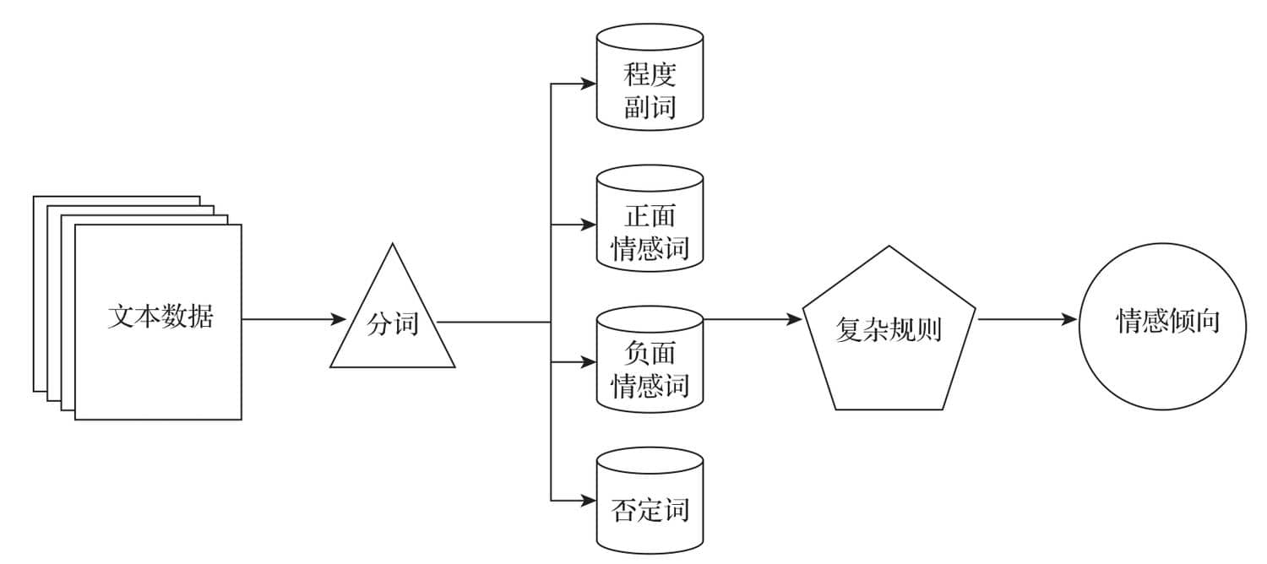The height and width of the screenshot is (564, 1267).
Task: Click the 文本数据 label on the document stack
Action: point(160,318)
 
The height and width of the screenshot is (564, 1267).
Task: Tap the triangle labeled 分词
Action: point(392,325)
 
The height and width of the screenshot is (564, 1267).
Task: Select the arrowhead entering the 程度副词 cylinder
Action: point(589,84)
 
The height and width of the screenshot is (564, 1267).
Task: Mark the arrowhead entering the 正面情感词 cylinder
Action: point(589,225)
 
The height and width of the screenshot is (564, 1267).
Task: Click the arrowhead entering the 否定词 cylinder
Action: point(589,501)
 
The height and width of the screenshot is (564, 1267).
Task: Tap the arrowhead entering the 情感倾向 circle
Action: point(1071,320)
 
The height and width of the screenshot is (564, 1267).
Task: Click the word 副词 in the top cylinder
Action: point(650,107)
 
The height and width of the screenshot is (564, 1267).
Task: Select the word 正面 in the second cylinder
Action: point(650,217)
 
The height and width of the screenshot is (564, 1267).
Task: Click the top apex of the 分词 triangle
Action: point(392,245)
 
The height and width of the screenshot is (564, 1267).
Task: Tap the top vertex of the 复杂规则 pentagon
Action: point(889,247)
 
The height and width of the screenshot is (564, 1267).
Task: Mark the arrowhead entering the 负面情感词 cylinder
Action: point(589,363)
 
